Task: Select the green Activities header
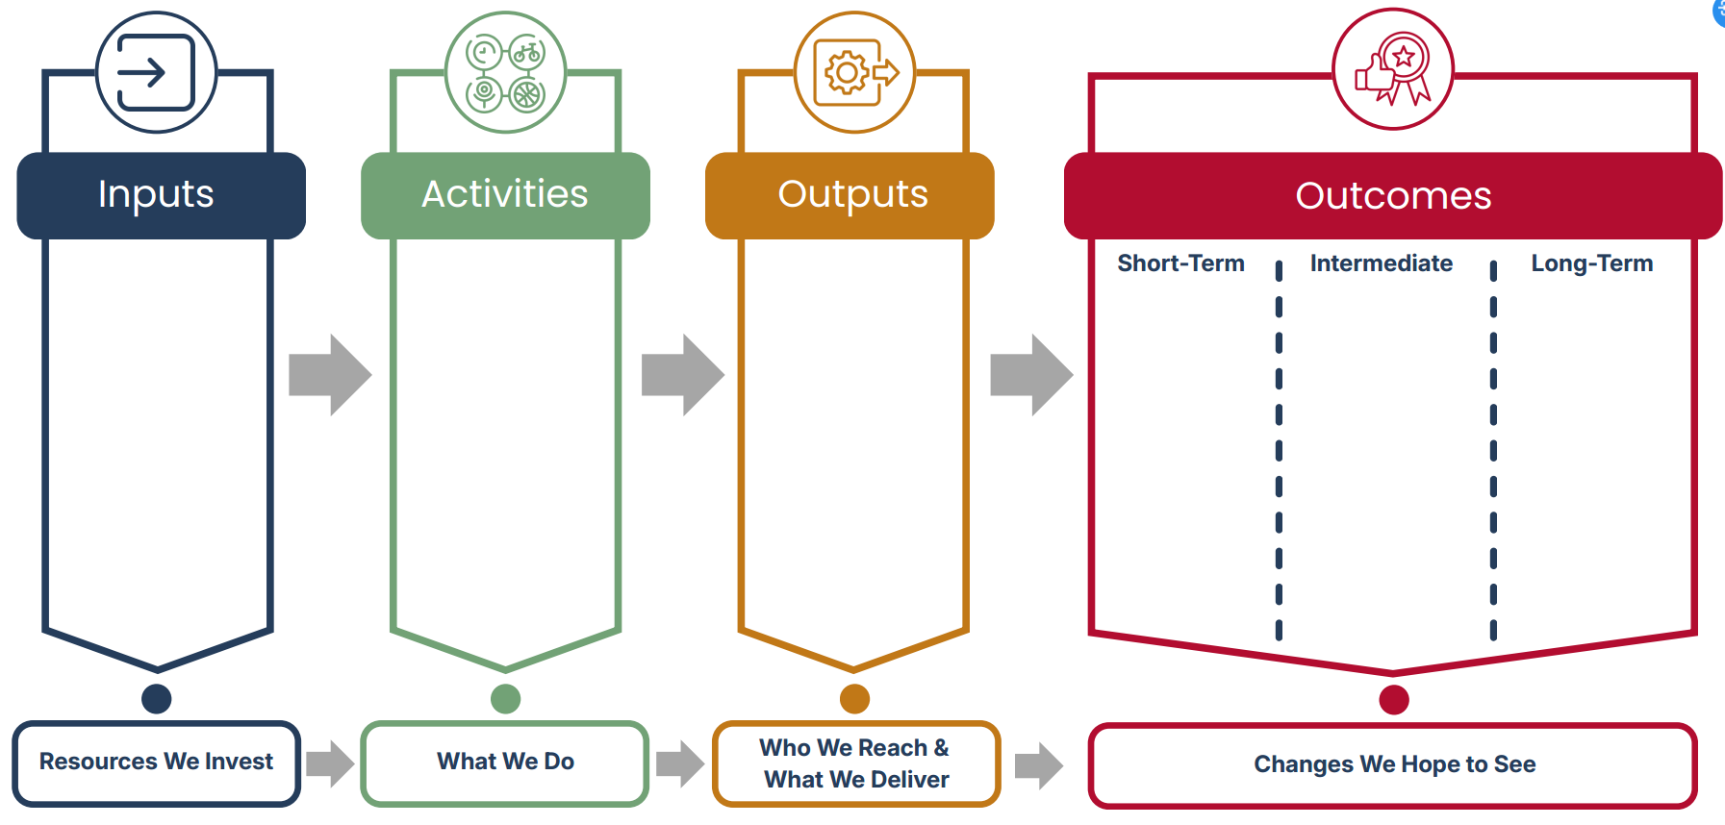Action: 505,195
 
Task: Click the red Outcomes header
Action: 1392,196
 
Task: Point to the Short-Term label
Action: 1180,263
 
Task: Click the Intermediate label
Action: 1381,263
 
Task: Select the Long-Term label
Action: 1591,263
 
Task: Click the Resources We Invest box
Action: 156,762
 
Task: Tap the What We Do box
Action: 505,762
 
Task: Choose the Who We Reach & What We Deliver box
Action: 855,763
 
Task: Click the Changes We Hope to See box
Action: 1393,765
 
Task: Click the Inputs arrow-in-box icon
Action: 156,72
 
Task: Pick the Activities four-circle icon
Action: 505,72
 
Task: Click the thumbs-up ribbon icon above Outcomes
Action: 1392,69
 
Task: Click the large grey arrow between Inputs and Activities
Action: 330,375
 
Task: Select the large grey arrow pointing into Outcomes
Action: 1031,375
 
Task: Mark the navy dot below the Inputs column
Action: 156,699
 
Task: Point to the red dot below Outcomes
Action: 1393,700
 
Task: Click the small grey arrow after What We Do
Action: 680,764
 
